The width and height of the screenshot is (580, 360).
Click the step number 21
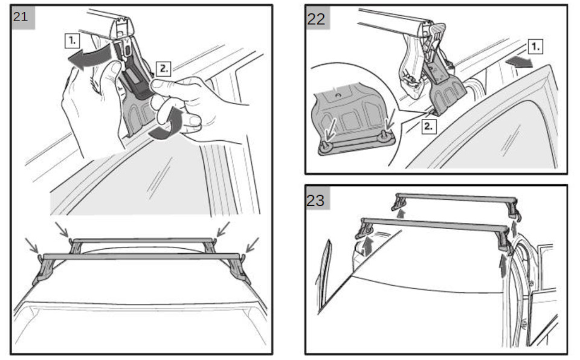(x=21, y=16)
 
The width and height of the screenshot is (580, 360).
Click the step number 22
(x=316, y=19)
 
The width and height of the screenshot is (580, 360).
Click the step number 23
(x=315, y=200)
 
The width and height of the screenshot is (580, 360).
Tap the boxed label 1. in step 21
(x=72, y=40)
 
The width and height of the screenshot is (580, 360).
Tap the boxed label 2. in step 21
(x=164, y=68)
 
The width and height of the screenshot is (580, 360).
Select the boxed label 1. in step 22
(x=535, y=47)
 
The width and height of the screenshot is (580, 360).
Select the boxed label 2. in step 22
(x=428, y=126)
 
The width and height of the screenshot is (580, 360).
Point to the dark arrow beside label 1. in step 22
(x=519, y=62)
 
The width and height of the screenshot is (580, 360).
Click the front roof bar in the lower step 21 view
(x=141, y=256)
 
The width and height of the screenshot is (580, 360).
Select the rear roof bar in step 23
(x=456, y=198)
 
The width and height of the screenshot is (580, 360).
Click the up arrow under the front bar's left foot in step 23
(x=367, y=246)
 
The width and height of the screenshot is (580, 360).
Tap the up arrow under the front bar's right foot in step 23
(x=502, y=266)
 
